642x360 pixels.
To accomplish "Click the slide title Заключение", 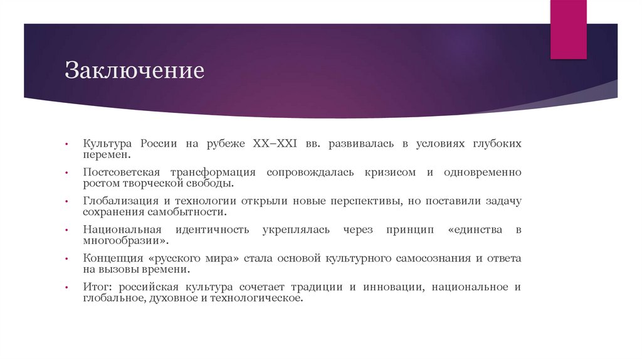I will tap(134, 70).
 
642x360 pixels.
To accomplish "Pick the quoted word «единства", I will tap(475, 230).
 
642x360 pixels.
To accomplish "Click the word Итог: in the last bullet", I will tap(97, 287).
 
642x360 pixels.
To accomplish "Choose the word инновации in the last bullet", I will tap(389, 287).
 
